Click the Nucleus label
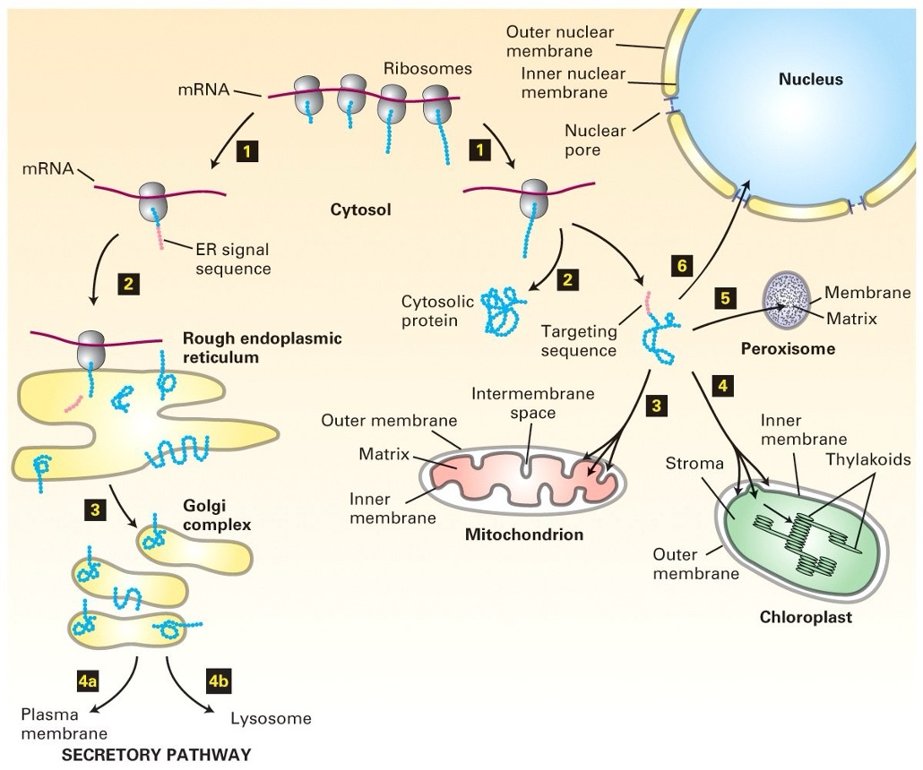click(x=810, y=80)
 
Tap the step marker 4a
click(x=87, y=680)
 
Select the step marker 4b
click(x=218, y=680)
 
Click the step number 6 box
click(x=682, y=265)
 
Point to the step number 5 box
click(x=727, y=295)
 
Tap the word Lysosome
click(x=271, y=718)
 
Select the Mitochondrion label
click(x=524, y=535)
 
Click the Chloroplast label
click(x=806, y=618)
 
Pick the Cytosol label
click(x=358, y=210)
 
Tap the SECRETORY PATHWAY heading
click(x=156, y=754)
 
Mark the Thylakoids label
click(x=868, y=459)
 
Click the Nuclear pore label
click(x=595, y=140)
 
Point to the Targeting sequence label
click(x=579, y=340)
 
